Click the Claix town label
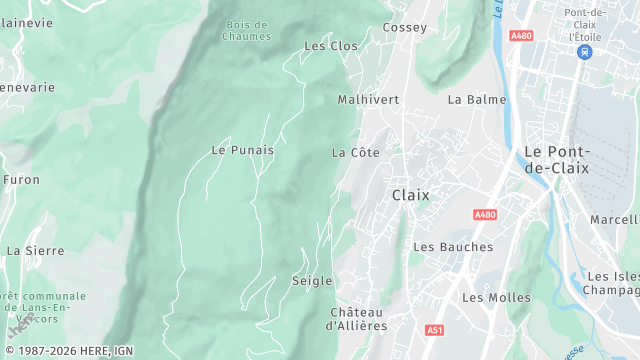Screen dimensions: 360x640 coord(410,195)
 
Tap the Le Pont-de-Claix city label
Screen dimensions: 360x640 coord(558,159)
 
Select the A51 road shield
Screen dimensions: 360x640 coord(434,329)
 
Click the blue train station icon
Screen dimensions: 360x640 coord(584,51)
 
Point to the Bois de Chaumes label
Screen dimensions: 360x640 coord(247,31)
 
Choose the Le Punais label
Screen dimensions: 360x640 coord(242,150)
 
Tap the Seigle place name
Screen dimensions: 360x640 coord(312,281)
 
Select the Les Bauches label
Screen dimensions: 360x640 coord(453,247)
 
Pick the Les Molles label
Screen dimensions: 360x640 coord(496,298)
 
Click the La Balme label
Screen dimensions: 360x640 coord(477,100)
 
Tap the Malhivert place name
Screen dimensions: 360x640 coord(368,100)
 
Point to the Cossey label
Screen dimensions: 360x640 coord(404,28)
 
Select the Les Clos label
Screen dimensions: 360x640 coord(330,46)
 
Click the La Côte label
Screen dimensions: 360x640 coord(356,153)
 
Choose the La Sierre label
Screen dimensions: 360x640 coord(35,250)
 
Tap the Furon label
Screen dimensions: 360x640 coord(21,181)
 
